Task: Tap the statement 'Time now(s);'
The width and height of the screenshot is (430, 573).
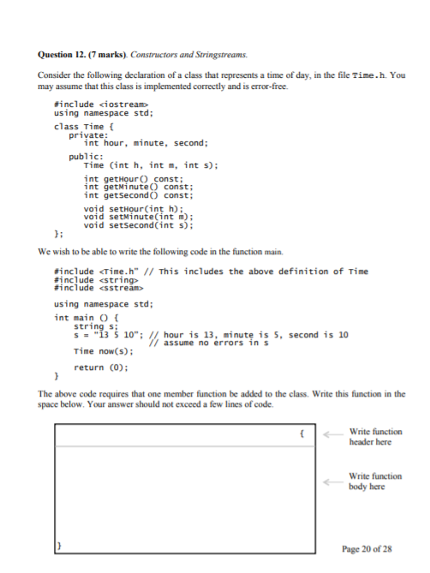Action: click(x=101, y=351)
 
